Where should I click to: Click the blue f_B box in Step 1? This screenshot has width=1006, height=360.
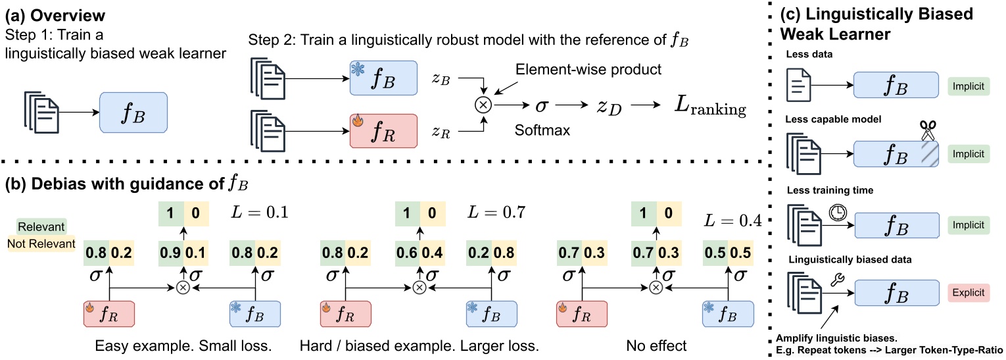point(133,111)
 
